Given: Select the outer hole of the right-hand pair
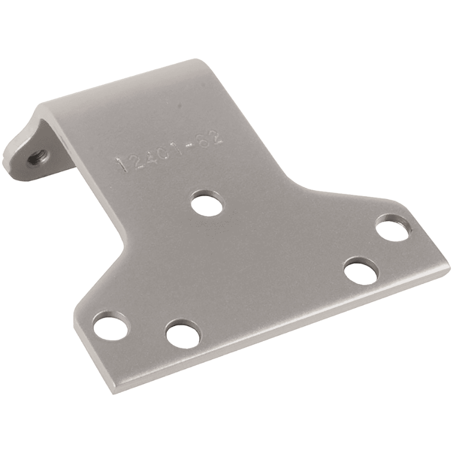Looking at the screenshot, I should click(394, 227).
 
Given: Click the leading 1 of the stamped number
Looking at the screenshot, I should click(124, 166).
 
